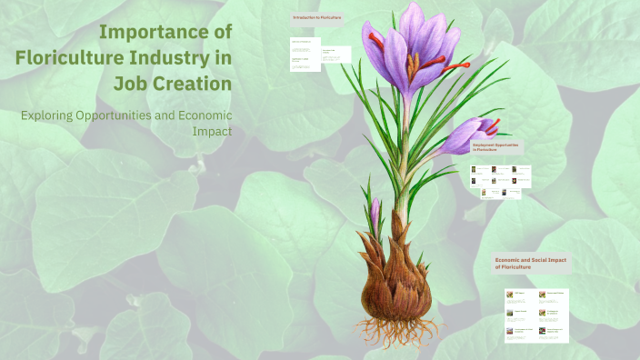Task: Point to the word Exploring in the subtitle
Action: (x=51, y=115)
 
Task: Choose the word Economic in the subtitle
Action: (x=202, y=115)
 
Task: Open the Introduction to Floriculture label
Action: (x=316, y=17)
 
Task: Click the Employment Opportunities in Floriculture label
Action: (x=495, y=146)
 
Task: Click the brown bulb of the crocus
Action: (x=397, y=281)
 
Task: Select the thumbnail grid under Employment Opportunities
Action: (x=499, y=180)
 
